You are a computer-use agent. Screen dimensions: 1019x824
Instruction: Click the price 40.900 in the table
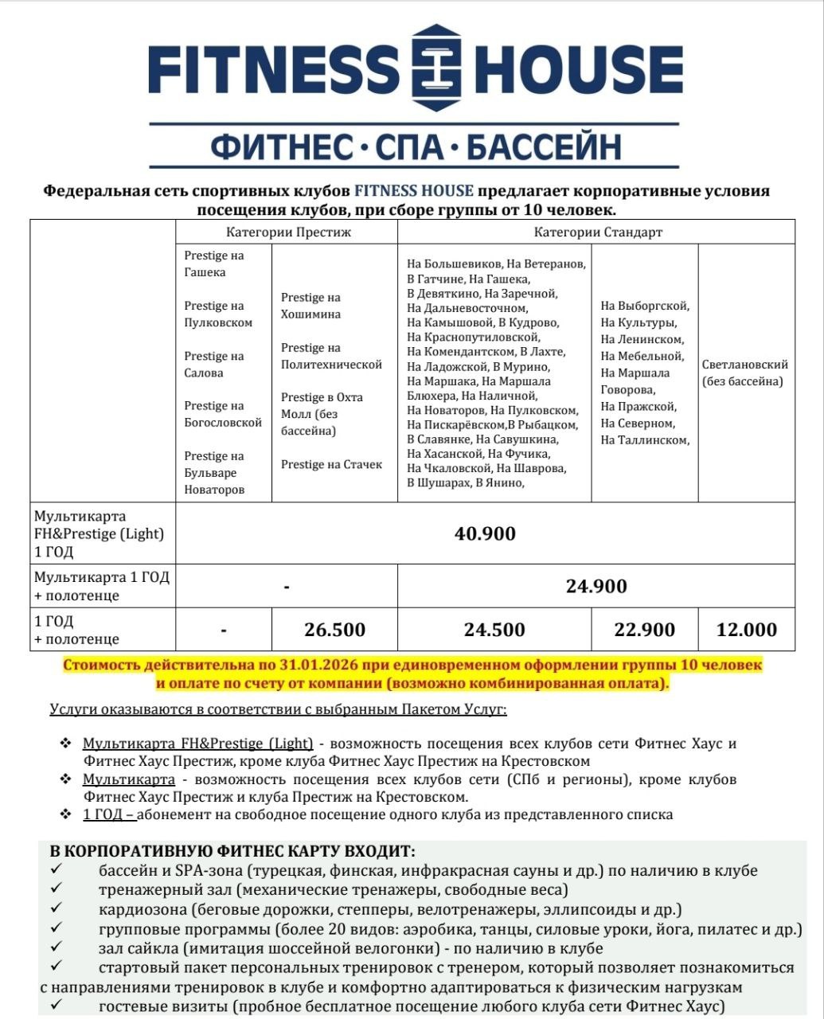point(485,533)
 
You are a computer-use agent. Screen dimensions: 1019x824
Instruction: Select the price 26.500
point(334,630)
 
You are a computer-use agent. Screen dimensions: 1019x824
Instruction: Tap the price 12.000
point(746,630)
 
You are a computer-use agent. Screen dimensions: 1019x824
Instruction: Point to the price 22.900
point(644,630)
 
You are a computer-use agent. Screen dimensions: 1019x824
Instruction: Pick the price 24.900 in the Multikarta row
point(596,586)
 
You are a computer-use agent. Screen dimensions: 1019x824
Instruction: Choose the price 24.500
point(494,630)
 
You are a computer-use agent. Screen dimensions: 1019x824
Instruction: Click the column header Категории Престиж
point(287,232)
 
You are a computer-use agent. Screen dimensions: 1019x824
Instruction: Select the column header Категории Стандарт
point(597,232)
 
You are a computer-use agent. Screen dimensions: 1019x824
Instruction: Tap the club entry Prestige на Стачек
point(331,464)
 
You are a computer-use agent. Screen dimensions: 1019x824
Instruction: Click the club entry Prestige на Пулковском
point(218,314)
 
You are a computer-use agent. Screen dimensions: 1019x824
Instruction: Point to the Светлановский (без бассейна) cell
point(745,373)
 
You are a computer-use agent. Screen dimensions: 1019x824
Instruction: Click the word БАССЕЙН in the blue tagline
point(543,148)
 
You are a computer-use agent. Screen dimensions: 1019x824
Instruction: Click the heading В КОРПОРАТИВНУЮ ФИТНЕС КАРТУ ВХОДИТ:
point(232,851)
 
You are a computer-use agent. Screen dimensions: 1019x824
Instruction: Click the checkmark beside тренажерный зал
point(55,889)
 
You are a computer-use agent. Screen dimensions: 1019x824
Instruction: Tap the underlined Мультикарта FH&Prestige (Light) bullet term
point(197,744)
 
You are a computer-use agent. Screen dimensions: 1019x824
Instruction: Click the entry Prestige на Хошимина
point(310,306)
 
